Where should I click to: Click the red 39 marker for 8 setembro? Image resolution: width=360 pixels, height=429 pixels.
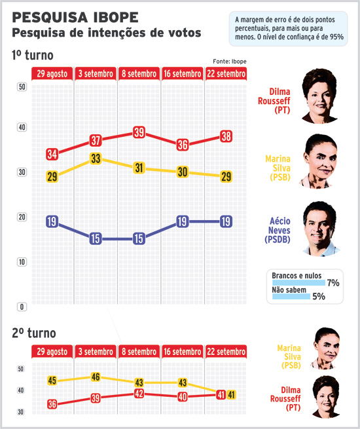point(139,132)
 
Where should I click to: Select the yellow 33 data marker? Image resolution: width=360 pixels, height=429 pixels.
point(96,159)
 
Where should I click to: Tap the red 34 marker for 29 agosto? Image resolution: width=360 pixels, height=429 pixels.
point(52,154)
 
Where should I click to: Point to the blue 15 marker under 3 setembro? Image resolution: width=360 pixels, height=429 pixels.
point(96,238)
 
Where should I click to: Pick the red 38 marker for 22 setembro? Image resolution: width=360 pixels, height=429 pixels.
point(226,136)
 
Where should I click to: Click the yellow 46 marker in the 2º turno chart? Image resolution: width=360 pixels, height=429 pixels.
point(96,377)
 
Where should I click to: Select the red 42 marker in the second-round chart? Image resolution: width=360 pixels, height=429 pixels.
point(139,394)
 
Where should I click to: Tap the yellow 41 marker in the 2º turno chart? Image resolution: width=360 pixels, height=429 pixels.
point(232,395)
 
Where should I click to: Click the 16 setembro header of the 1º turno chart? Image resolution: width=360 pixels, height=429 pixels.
point(183,73)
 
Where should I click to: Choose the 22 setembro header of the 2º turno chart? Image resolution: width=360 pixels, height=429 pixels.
point(226,352)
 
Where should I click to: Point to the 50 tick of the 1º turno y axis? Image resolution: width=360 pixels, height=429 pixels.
point(22,87)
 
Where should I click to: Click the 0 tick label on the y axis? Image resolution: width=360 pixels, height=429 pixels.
point(22,307)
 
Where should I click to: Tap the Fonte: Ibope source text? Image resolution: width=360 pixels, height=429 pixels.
point(230,62)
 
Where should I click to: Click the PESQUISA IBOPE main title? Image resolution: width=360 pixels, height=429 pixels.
point(75,18)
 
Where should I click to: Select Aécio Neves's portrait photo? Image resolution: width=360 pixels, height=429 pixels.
point(320,229)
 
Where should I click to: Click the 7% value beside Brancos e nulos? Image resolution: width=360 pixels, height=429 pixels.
point(333,283)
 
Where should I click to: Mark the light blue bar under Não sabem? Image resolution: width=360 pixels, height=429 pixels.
point(291,296)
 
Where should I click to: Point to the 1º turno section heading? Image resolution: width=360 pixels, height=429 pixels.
point(33,55)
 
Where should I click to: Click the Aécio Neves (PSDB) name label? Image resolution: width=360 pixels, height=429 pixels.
point(278,230)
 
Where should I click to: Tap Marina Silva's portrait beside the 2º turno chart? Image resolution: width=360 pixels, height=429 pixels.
point(326,348)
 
